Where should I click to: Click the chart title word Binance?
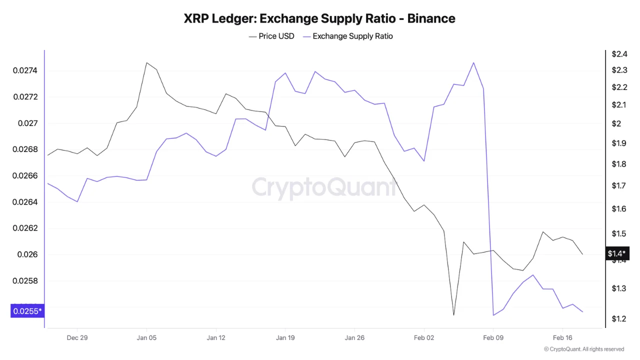431,19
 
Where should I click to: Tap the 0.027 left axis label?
27,123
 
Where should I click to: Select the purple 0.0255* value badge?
27,311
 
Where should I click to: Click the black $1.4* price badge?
617,253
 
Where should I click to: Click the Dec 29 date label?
77,337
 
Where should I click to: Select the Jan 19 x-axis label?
285,337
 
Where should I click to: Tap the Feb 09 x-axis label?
493,337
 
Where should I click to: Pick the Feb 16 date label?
562,337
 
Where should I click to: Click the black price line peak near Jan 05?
146,63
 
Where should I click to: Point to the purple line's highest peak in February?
473,62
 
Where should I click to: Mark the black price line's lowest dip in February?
453,315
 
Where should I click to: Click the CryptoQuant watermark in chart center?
324,187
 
